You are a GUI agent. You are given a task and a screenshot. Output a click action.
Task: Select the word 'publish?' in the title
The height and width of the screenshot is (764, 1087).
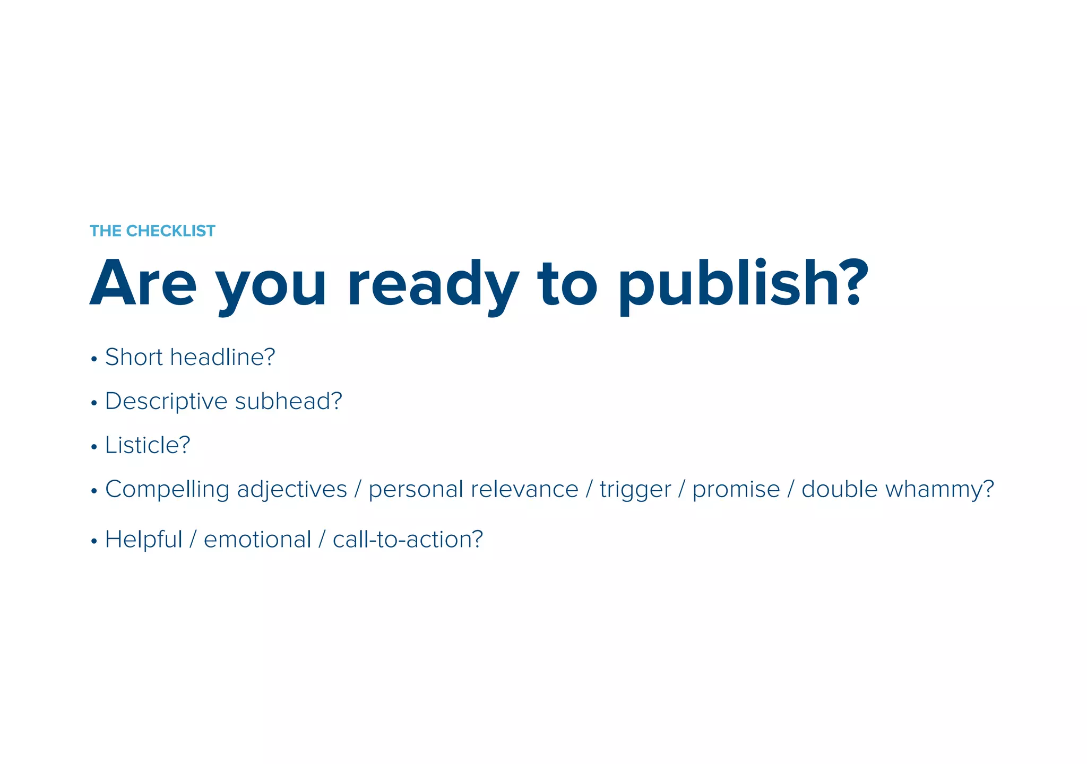[743, 284]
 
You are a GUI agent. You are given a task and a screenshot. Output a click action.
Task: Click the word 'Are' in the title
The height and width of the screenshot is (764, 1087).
[143, 284]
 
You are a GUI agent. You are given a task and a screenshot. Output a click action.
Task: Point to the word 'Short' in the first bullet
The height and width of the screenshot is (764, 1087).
[134, 357]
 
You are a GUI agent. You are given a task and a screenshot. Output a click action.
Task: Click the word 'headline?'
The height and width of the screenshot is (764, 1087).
[223, 357]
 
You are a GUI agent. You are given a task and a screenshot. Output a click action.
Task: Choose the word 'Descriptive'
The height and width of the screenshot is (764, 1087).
[166, 401]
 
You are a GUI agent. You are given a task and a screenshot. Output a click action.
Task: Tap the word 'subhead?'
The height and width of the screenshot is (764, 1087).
[289, 401]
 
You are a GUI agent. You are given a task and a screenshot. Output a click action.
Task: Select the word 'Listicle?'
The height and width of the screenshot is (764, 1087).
[148, 445]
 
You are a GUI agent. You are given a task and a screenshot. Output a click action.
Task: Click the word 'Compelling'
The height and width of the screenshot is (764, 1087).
[167, 489]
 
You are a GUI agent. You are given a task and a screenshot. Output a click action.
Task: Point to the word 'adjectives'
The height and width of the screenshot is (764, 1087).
[292, 489]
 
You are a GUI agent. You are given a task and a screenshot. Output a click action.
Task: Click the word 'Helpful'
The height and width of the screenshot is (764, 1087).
[143, 540]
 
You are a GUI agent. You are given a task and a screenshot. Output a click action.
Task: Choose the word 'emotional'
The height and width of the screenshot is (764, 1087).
[257, 540]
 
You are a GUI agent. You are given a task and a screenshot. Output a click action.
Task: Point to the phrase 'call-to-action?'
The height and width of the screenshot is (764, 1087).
[408, 540]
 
